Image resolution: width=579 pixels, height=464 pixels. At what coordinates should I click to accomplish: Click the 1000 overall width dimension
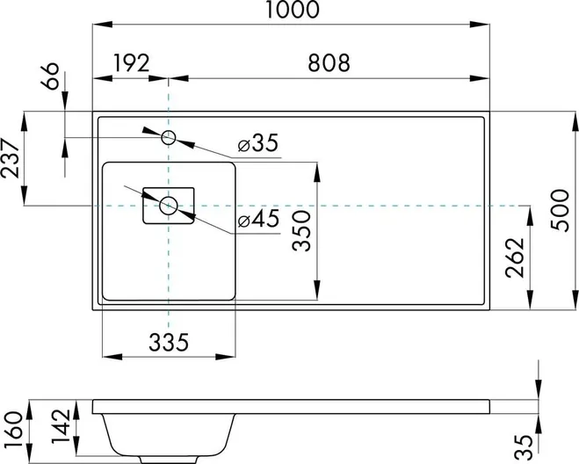292,10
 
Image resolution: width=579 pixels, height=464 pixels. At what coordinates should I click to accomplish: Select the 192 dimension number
132,63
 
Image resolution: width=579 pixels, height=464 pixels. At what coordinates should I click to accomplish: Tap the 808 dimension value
329,63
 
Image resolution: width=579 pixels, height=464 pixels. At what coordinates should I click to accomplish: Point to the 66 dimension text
50,76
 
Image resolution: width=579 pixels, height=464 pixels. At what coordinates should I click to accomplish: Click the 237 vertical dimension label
10,158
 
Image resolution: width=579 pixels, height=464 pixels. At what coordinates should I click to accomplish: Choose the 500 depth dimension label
561,210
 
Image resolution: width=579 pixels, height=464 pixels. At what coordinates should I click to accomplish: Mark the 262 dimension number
516,257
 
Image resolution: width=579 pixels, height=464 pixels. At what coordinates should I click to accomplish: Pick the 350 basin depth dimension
301,231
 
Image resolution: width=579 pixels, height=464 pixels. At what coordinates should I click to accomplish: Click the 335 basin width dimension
169,343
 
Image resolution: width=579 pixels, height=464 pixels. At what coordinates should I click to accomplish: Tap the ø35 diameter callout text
257,143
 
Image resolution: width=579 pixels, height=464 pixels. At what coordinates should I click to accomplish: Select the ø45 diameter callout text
258,220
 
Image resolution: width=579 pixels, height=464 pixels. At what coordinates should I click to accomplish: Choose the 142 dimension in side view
61,426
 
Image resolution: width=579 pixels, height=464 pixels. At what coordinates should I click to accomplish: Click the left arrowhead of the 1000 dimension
102,25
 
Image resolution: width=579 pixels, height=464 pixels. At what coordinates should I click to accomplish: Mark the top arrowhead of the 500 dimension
575,121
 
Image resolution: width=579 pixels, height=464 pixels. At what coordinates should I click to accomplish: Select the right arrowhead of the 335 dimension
225,357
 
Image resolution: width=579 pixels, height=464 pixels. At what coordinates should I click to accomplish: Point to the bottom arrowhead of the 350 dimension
316,290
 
